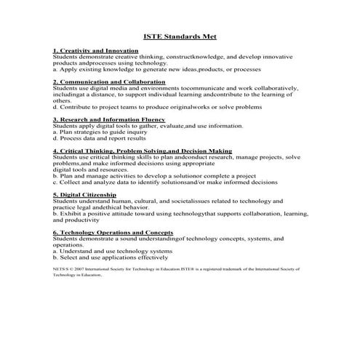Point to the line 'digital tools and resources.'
95,169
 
